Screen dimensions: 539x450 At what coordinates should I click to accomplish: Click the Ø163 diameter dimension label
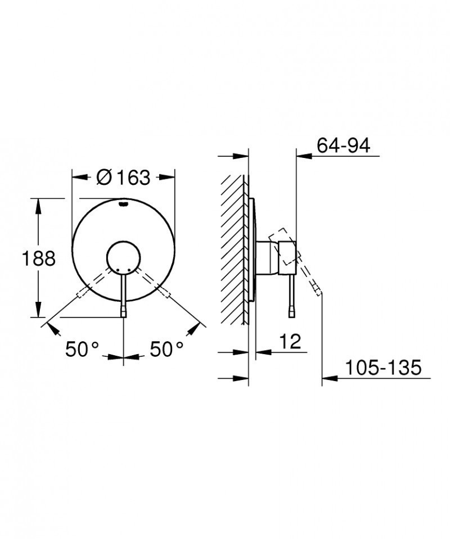coord(123,177)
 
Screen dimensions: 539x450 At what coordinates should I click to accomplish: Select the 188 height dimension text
coord(38,259)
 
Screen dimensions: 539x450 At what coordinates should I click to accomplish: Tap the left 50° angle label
coord(82,350)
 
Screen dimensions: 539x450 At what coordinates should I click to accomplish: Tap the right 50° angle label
coord(167,350)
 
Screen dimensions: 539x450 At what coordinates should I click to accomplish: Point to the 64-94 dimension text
coord(343,146)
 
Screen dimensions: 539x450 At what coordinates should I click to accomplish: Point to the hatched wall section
coord(233,247)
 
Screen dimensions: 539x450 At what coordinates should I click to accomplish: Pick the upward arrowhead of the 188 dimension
coord(38,205)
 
